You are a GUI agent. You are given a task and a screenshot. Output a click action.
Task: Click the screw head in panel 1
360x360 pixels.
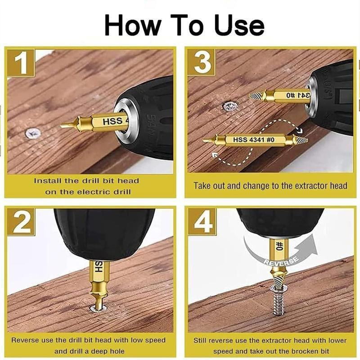32,133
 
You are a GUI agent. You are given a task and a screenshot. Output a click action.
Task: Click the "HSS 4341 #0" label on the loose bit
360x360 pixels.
252,139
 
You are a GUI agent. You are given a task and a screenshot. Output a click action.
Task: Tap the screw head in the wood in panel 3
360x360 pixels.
229,107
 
